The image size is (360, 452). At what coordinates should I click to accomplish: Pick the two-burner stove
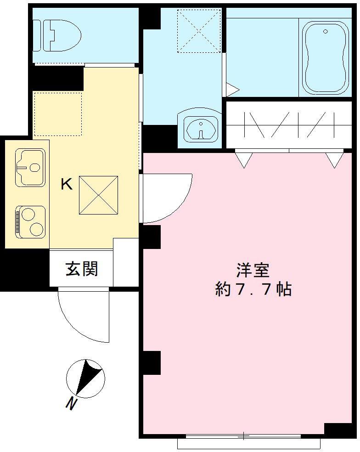pos(31,221)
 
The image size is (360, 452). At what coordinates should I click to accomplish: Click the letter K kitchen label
pos(67,185)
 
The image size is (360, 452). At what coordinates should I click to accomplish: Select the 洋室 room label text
pos(253,270)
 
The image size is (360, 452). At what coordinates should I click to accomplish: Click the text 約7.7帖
pos(253,289)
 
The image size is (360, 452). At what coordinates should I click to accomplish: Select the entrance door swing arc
pos(83,317)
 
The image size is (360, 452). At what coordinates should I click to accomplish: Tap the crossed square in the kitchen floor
pos(99,195)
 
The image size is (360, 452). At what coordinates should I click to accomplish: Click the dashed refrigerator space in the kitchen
pos(58,113)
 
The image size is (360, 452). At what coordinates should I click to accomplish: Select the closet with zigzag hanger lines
pos(288,125)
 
